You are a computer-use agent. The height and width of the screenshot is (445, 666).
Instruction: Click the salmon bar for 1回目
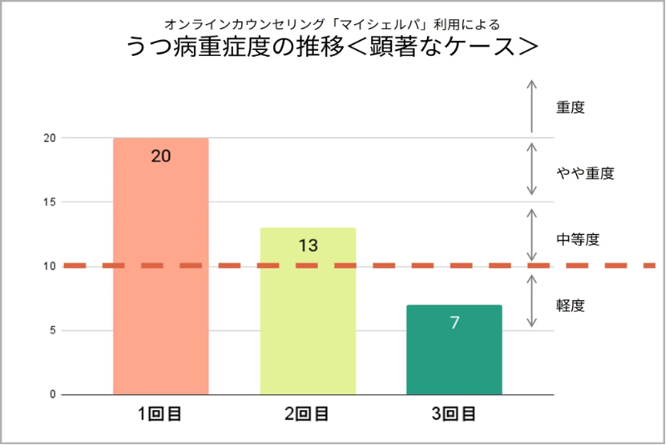pyautogui.click(x=161, y=275)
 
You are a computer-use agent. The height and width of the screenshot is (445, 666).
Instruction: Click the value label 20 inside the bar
pyautogui.click(x=161, y=155)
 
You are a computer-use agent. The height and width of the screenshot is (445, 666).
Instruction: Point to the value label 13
pyautogui.click(x=308, y=245)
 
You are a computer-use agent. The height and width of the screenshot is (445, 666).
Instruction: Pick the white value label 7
pyautogui.click(x=455, y=322)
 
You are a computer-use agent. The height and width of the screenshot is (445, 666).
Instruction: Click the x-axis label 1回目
pyautogui.click(x=161, y=413)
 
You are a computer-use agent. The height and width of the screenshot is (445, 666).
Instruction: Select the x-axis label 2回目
pyautogui.click(x=308, y=413)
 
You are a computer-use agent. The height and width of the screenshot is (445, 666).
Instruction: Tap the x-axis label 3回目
pyautogui.click(x=455, y=413)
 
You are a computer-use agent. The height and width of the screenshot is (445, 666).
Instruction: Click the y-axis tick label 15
pyautogui.click(x=49, y=202)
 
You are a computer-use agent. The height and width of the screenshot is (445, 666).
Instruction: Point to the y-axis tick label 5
pyautogui.click(x=52, y=330)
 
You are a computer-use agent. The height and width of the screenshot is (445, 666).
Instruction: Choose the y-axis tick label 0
pyautogui.click(x=52, y=394)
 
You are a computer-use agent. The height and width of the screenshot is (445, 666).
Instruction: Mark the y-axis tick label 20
pyautogui.click(x=49, y=137)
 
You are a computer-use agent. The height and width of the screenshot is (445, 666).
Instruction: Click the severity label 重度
pyautogui.click(x=570, y=107)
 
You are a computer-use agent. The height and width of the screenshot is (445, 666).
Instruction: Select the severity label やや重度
pyautogui.click(x=584, y=173)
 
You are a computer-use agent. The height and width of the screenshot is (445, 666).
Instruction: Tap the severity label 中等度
pyautogui.click(x=578, y=239)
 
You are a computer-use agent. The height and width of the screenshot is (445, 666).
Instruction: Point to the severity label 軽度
pyautogui.click(x=570, y=305)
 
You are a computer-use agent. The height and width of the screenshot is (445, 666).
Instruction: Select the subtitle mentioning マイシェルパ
pyautogui.click(x=331, y=23)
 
